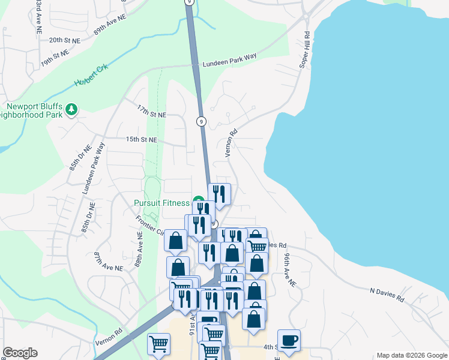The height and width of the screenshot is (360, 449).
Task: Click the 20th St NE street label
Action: (x=64, y=40)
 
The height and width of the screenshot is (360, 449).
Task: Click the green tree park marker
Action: (x=72, y=109)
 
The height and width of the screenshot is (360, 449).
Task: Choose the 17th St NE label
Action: (x=151, y=112)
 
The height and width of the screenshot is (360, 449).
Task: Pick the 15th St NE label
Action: (x=141, y=139)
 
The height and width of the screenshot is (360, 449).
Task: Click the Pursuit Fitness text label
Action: (x=161, y=203)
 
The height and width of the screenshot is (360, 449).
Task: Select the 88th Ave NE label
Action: (x=139, y=253)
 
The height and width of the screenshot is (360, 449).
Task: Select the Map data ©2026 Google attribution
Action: (x=411, y=355)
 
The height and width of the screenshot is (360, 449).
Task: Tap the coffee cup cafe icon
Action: (x=289, y=340)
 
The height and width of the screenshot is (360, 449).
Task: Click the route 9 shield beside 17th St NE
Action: (x=201, y=121)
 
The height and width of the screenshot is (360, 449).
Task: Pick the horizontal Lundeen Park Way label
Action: (x=229, y=59)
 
